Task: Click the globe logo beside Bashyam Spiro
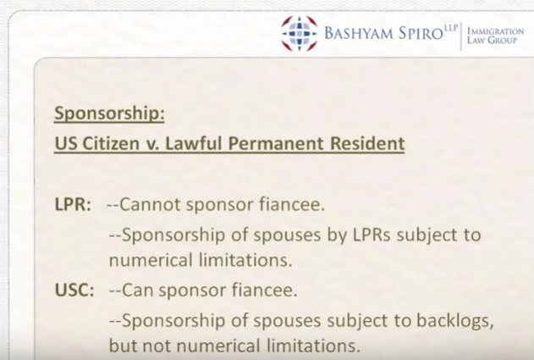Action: pos(299,33)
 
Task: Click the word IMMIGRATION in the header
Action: pos(496,31)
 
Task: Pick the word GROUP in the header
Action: pos(503,41)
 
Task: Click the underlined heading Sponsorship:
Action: pos(109,114)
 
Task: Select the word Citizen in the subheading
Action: pos(111,143)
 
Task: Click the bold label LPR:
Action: pos(73,205)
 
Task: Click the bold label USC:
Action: pos(74,291)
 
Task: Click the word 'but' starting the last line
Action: pos(122,346)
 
